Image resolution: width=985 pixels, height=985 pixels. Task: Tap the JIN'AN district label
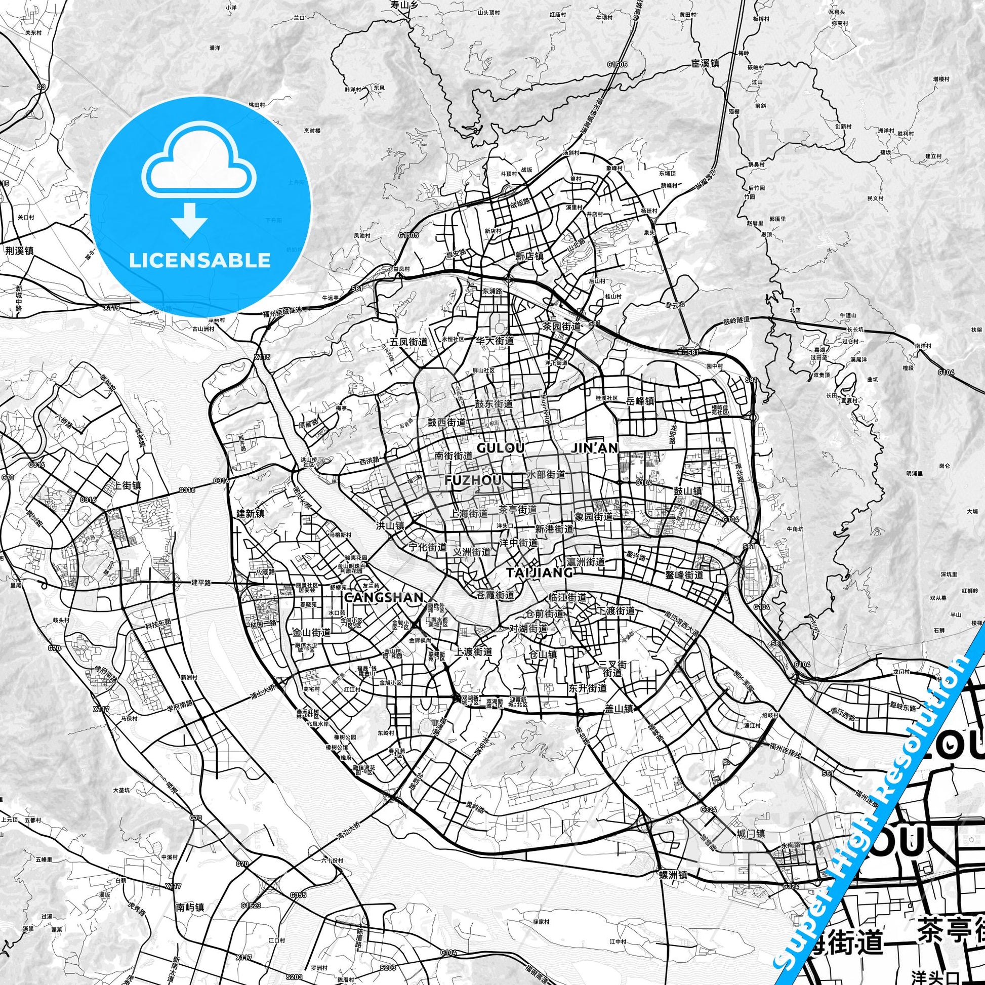(595, 447)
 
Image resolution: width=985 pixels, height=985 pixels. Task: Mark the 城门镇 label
(751, 834)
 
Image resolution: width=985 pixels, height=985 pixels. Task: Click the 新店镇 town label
(529, 257)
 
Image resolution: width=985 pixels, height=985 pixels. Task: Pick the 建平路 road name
(201, 582)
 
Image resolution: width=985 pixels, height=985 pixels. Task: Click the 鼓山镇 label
(688, 491)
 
